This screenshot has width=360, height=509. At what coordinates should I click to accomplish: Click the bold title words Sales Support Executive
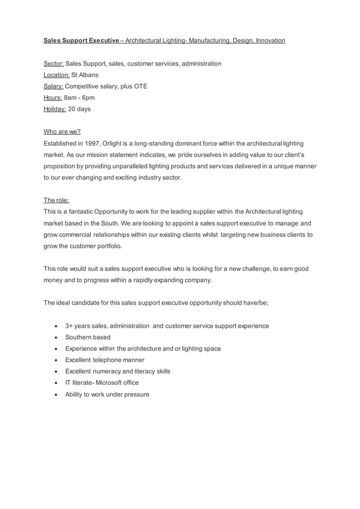coord(81,41)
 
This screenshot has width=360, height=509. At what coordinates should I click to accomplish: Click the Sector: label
coord(54,64)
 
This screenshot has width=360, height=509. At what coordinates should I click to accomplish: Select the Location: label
coord(56,75)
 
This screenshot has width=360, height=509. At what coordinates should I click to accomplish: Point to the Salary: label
coord(54,86)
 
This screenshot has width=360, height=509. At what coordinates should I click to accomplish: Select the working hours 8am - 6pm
coord(80,98)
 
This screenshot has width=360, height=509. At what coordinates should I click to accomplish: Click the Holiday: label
coord(55,109)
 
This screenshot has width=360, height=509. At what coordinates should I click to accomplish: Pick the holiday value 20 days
coord(79,109)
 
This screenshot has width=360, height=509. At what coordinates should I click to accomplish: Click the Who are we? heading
coord(62,132)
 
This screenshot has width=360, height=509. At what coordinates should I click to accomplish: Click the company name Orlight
coord(114,143)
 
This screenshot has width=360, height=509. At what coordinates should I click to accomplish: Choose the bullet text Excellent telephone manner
coord(104,360)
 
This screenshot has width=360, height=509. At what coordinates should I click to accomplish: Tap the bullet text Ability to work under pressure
coord(107,394)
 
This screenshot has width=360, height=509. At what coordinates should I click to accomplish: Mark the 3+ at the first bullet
coord(70,326)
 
